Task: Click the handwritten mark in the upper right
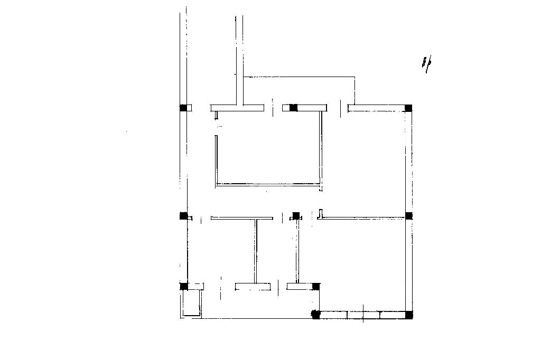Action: tap(426, 65)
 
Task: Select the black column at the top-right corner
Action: tap(408, 108)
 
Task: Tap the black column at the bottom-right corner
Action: tap(408, 315)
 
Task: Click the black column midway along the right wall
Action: tap(408, 216)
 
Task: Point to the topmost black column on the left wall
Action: tap(183, 108)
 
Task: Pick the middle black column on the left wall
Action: tap(183, 215)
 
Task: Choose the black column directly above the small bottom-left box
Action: tap(184, 286)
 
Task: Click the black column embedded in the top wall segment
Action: tap(293, 108)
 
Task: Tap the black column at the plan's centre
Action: tap(296, 215)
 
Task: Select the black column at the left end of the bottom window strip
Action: tap(316, 315)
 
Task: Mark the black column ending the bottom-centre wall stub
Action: tap(316, 286)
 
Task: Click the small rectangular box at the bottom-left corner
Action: tap(191, 304)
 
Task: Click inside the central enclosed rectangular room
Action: tap(268, 153)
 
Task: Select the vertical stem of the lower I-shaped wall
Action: tap(256, 251)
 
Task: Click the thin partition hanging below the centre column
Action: tap(297, 251)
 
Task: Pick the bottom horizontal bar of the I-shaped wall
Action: tap(253, 287)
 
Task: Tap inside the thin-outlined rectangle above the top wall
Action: tap(299, 90)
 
